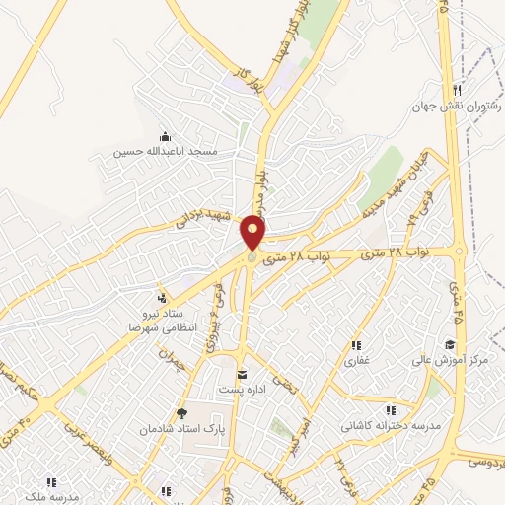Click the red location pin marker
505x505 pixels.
[253, 233]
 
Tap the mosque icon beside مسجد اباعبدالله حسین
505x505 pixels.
[164, 137]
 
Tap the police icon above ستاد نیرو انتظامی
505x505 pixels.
[161, 297]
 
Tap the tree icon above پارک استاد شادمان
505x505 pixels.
[180, 414]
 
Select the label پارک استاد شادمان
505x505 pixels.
[180, 431]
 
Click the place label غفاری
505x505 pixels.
[355, 361]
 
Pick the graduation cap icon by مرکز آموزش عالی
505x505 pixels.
[450, 344]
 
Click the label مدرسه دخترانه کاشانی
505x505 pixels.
[391, 426]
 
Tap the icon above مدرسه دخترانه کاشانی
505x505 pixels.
[391, 409]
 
